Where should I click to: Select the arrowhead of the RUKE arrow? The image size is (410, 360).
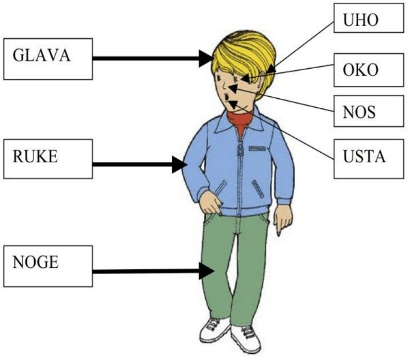tap(179, 164)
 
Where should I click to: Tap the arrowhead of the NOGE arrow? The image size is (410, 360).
tap(206, 272)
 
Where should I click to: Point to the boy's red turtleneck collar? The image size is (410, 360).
tap(239, 124)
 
